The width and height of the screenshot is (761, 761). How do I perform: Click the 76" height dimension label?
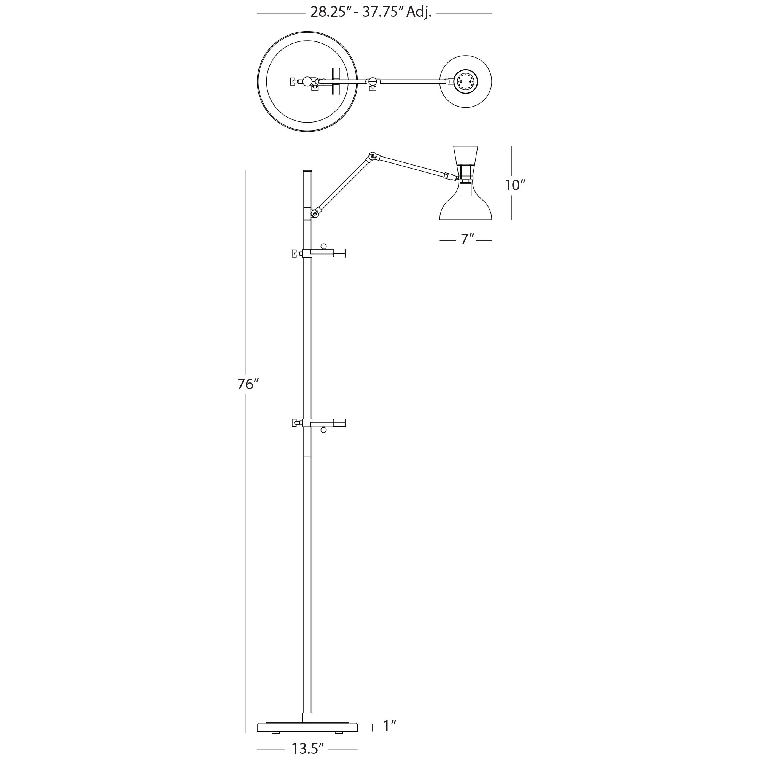(248, 384)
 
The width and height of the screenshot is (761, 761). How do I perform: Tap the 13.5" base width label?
(307, 748)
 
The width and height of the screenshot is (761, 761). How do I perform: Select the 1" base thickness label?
(389, 726)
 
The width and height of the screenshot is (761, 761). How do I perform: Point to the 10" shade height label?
(515, 185)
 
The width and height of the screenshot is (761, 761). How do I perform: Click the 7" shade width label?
(467, 239)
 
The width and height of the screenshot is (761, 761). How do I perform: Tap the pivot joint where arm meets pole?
(315, 213)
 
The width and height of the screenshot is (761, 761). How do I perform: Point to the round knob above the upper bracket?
(323, 247)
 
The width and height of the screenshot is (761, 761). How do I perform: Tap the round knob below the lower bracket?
(323, 430)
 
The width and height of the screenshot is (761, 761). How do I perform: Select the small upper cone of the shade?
(466, 155)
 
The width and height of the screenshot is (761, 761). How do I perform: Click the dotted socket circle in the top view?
(466, 82)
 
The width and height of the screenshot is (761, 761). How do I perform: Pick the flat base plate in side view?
(307, 727)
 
